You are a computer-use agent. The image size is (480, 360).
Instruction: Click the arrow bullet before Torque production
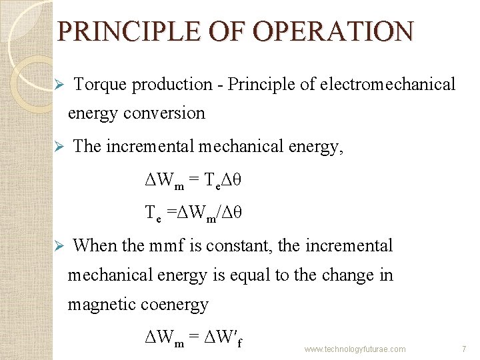pyautogui.click(x=59, y=85)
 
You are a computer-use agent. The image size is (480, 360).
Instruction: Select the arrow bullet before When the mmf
pyautogui.click(x=59, y=246)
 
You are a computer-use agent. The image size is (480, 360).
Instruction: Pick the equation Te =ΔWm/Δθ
pyautogui.click(x=193, y=213)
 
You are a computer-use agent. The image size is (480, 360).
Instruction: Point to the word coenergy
pyautogui.click(x=175, y=305)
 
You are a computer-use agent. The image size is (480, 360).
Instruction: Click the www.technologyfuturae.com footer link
pyautogui.click(x=355, y=349)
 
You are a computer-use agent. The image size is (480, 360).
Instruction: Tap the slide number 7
pyautogui.click(x=463, y=349)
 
